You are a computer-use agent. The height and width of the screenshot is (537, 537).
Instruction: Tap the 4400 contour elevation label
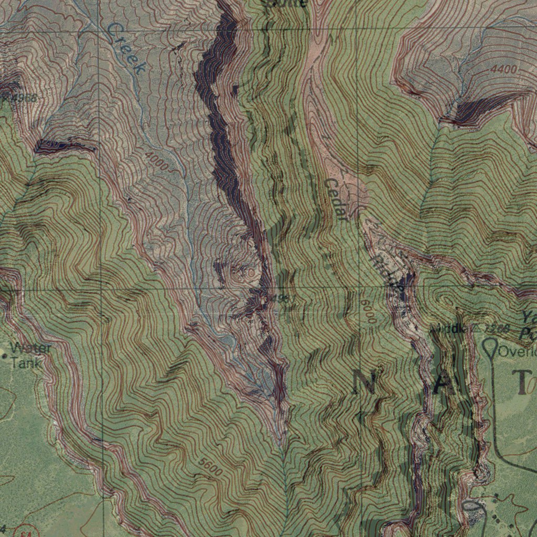click(x=504, y=69)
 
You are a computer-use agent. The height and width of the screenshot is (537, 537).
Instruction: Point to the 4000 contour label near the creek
click(x=157, y=161)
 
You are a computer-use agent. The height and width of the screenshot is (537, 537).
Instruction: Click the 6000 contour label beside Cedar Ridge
click(x=368, y=311)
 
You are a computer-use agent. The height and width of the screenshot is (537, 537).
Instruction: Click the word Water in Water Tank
click(x=30, y=348)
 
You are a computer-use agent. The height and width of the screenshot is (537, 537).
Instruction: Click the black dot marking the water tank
click(x=5, y=357)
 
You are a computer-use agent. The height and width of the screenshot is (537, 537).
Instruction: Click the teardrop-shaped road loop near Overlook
click(x=490, y=349)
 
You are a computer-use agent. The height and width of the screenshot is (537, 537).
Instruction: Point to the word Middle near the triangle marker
click(x=447, y=329)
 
